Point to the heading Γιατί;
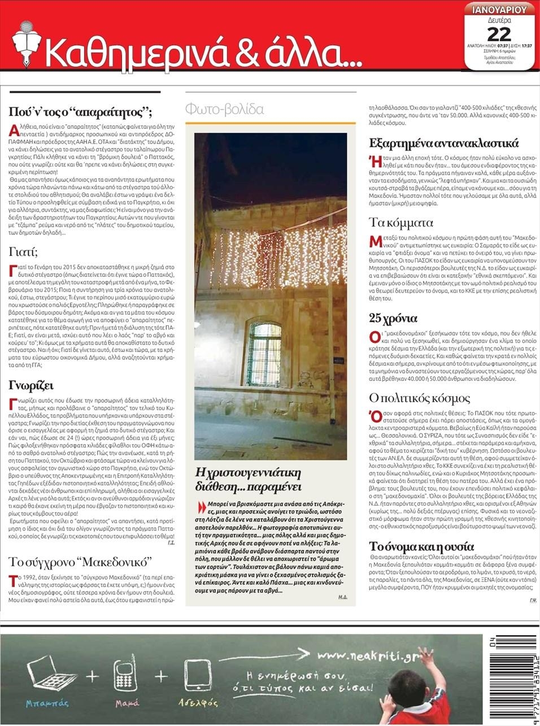pos(23,251)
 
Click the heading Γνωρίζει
pos(31,386)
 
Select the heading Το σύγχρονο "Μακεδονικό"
pos(80,562)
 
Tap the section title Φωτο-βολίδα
pos(224,109)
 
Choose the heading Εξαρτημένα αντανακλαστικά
pos(444,143)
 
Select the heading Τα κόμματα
pos(400,222)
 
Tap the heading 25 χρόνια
pos(393,318)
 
